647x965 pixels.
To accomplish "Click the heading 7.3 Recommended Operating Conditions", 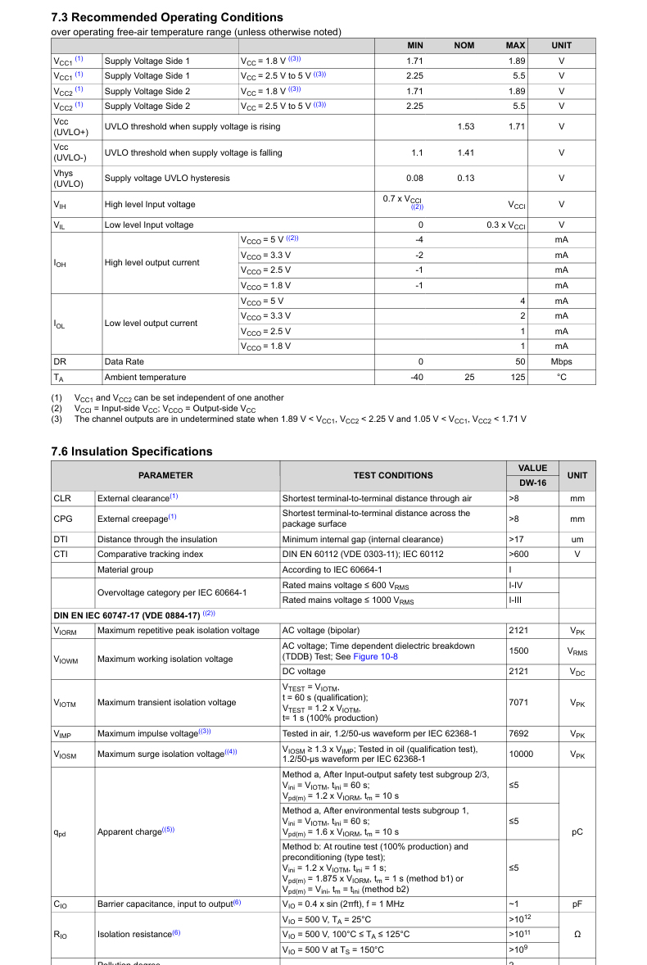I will pyautogui.click(x=167, y=17).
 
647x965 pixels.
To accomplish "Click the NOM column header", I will pyautogui.click(x=464, y=45).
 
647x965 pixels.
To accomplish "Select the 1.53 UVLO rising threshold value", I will pyautogui.click(x=465, y=127).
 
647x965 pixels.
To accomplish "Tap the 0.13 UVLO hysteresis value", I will pyautogui.click(x=465, y=179).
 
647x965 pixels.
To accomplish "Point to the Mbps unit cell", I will pyautogui.click(x=561, y=362).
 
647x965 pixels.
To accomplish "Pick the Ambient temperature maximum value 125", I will pyautogui.click(x=517, y=378).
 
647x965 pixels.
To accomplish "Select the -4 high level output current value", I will pyautogui.click(x=419, y=239).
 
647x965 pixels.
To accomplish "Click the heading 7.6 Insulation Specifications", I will pyautogui.click(x=131, y=451).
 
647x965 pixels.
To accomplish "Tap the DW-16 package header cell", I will pyautogui.click(x=532, y=483).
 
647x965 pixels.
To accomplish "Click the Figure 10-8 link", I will pyautogui.click(x=375, y=657).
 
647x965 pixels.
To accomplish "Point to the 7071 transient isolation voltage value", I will pyautogui.click(x=518, y=703).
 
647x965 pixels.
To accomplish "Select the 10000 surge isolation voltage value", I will pyautogui.click(x=521, y=754).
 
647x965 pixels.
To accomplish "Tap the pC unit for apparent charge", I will pyautogui.click(x=577, y=832).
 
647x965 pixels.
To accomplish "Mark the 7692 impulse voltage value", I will pyautogui.click(x=518, y=734).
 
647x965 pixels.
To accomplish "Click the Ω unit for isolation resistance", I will pyautogui.click(x=577, y=935).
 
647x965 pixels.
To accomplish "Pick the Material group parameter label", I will pyautogui.click(x=124, y=570).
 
